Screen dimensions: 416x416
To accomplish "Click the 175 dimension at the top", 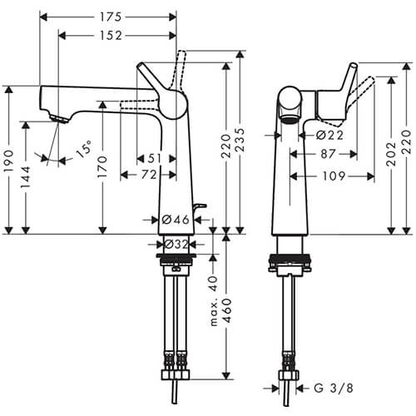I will coord(108,16).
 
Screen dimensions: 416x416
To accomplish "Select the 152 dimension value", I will coord(109,35).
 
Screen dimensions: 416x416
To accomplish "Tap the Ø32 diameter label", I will coord(176,245).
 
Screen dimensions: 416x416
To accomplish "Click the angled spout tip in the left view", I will coord(57,117).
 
